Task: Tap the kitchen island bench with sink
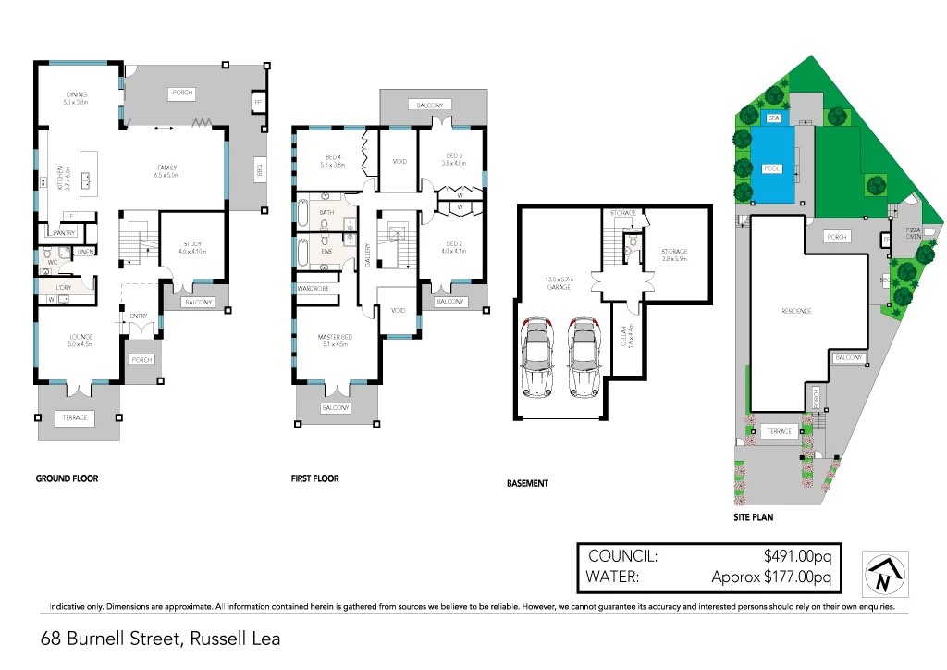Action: click(89, 172)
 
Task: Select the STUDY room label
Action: click(191, 244)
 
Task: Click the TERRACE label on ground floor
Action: click(76, 417)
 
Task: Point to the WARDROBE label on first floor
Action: click(314, 288)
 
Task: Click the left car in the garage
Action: click(538, 357)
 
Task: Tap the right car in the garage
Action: click(583, 357)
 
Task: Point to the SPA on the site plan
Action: click(774, 119)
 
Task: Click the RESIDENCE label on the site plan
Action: click(796, 311)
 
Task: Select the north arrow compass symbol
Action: click(885, 574)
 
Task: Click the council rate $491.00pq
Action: click(798, 556)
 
